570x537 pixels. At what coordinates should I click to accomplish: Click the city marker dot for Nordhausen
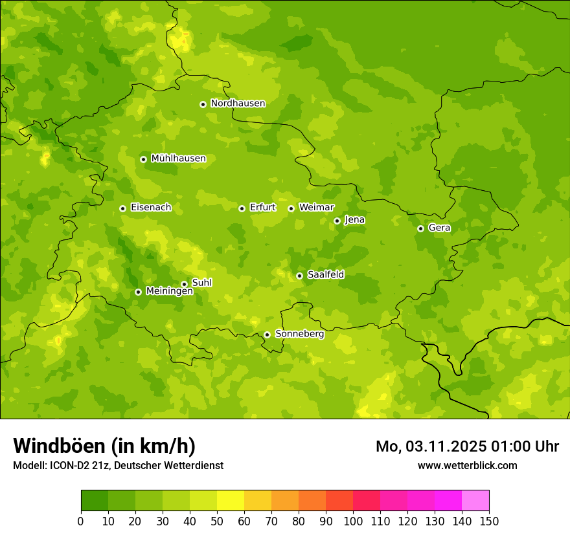tap(203, 104)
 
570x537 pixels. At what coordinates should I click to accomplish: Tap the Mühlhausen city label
tap(178, 159)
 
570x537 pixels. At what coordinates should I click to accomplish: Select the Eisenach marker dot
tap(122, 208)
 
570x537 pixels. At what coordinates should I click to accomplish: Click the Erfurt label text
tap(262, 208)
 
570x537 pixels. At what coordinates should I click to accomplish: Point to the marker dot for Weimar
tap(291, 208)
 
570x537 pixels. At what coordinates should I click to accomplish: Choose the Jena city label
tap(354, 220)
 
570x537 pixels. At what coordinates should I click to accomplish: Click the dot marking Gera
tap(420, 228)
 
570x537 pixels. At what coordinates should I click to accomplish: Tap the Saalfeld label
tap(325, 275)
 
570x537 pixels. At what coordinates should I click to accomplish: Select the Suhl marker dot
tap(184, 284)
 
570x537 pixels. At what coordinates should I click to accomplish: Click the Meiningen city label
tap(169, 292)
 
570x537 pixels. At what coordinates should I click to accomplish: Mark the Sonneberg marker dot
tap(267, 334)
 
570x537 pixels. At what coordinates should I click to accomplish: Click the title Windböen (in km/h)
tap(104, 446)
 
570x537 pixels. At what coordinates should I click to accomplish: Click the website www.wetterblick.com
tap(467, 465)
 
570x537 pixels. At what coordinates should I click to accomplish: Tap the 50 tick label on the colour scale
tap(217, 521)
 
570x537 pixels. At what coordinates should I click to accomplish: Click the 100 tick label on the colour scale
tap(353, 521)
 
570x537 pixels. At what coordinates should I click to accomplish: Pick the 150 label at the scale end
tap(489, 521)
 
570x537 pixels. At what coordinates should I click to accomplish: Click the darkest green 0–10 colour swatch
tap(95, 501)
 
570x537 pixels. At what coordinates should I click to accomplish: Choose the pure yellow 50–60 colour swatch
tap(231, 501)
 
